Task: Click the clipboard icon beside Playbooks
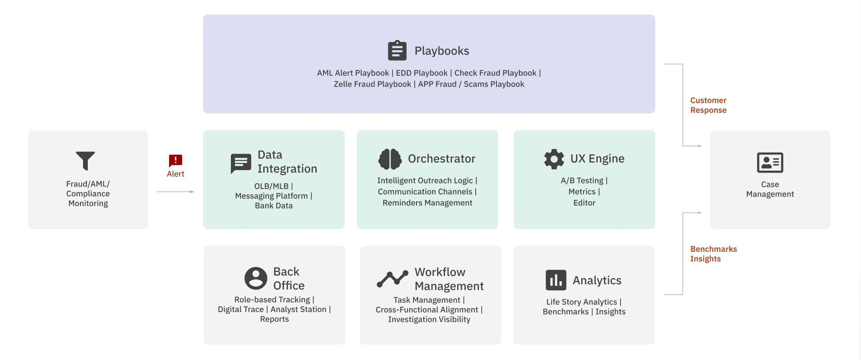397,51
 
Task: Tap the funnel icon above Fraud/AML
85,161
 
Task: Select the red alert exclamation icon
175,161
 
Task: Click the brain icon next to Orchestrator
390,159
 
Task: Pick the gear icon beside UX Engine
554,159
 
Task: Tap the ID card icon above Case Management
770,163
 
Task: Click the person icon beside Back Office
256,278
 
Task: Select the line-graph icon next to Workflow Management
392,279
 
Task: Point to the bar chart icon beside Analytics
556,280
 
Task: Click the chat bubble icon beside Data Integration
241,163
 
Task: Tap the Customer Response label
708,105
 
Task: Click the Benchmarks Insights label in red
713,254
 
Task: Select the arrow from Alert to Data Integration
175,192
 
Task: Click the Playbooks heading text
442,51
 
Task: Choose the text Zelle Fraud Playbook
372,84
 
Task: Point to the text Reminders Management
427,203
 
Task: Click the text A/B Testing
582,180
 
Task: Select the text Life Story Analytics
581,302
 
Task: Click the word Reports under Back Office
274,319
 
